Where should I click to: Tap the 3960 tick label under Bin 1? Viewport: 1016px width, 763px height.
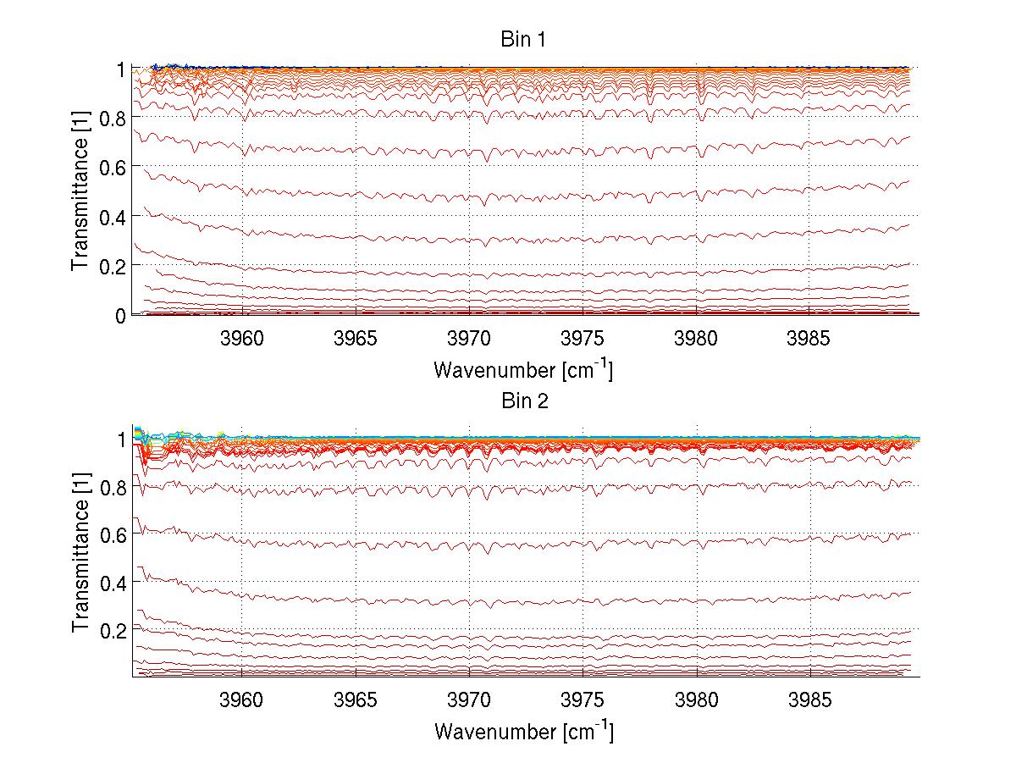coord(242,340)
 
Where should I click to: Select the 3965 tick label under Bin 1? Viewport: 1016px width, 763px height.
coord(356,340)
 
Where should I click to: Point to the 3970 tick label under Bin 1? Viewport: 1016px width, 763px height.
coord(469,340)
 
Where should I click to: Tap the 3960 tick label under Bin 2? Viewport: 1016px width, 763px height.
coord(242,702)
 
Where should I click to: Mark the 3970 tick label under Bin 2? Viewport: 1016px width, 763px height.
coord(469,702)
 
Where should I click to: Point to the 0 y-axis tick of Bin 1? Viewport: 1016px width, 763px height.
coord(121,315)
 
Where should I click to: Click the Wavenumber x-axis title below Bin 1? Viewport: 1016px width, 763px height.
coord(523,369)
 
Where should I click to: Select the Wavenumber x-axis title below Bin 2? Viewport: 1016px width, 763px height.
coord(523,731)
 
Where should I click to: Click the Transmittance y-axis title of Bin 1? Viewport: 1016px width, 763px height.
coord(80,191)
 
